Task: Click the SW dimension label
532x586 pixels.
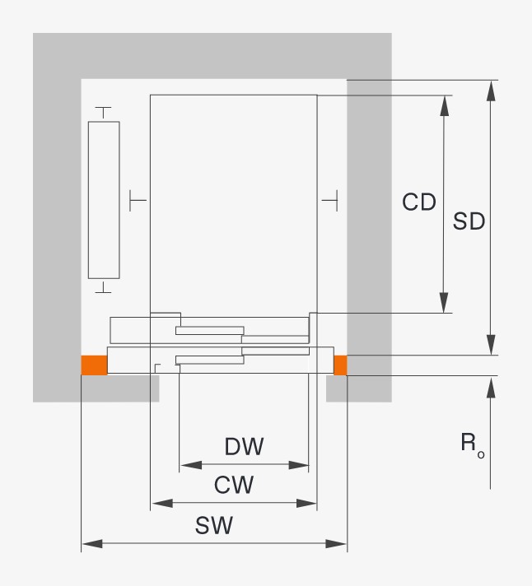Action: pos(214,526)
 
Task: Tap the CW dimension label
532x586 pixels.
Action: pos(234,485)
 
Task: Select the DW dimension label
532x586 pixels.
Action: pos(245,447)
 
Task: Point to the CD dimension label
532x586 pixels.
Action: pos(419,202)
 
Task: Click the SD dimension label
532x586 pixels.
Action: pos(469,221)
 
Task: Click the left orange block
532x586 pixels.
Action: pos(94,365)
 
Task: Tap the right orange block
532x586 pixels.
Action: pos(339,365)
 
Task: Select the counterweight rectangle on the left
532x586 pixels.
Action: pos(104,199)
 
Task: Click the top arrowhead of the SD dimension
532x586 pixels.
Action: pos(491,90)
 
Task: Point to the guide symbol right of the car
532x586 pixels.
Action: pos(330,199)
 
